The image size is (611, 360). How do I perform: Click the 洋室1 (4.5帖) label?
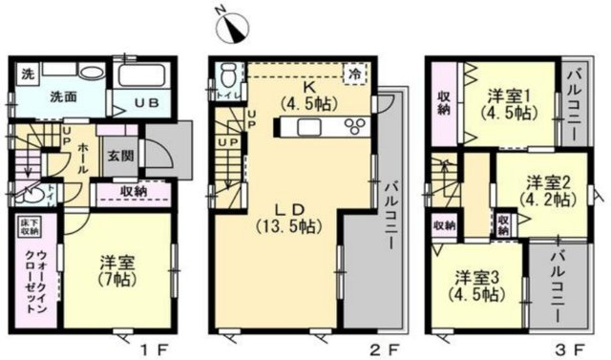point(508,103)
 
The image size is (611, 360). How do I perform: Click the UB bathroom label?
point(150,102)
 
